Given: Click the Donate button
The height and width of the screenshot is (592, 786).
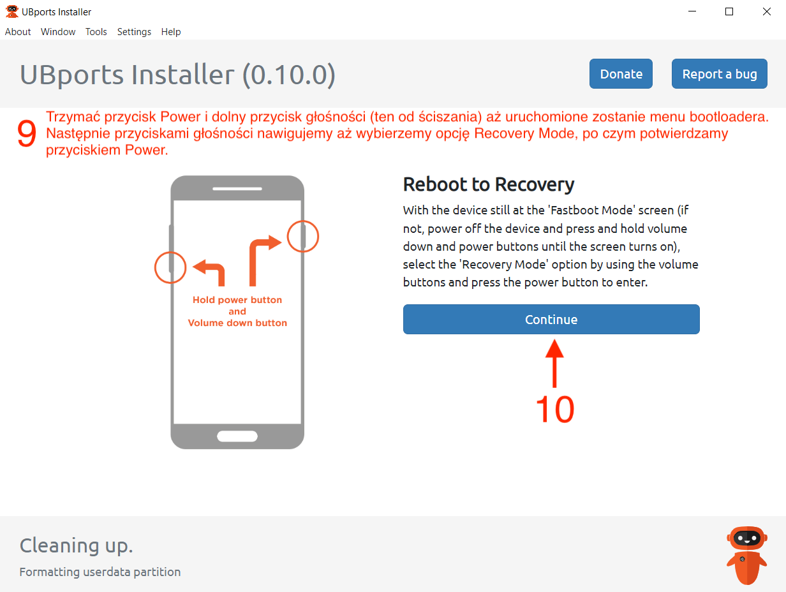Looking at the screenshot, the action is pos(621,74).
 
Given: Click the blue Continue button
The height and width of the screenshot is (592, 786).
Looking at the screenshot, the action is pos(551,319).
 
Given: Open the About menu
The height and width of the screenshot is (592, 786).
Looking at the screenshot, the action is pos(18,32).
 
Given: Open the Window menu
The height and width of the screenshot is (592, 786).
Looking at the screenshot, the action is pos(58,32).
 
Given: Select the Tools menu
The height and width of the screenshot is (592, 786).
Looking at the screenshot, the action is pos(96,32).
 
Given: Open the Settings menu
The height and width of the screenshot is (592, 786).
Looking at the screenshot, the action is pos(134,32).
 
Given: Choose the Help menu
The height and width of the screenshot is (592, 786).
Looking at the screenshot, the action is pos(171,32).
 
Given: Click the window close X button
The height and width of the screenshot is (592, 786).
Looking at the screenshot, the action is pos(767,12).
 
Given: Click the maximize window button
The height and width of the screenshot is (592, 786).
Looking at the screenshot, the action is pos(729,12).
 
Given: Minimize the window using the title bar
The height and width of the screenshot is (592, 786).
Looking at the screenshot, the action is pos(692,11).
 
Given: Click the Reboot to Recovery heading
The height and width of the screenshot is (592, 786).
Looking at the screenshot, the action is pos(489,185).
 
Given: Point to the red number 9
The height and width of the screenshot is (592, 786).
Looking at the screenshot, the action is pos(27,133).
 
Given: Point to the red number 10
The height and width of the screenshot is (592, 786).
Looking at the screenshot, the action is pos(555,409).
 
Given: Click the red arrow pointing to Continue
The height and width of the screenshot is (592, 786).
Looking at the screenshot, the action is pos(554,363).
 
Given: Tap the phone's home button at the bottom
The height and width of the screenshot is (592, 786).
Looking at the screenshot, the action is pos(237,436).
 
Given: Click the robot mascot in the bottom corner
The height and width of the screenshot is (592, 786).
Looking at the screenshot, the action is pos(746,555).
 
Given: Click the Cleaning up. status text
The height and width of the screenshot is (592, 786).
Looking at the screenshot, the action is pos(77,546).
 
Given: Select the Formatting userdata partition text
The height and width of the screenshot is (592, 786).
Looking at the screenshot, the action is pos(100,572).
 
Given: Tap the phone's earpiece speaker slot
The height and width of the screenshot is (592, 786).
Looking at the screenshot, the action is pos(237,189).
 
